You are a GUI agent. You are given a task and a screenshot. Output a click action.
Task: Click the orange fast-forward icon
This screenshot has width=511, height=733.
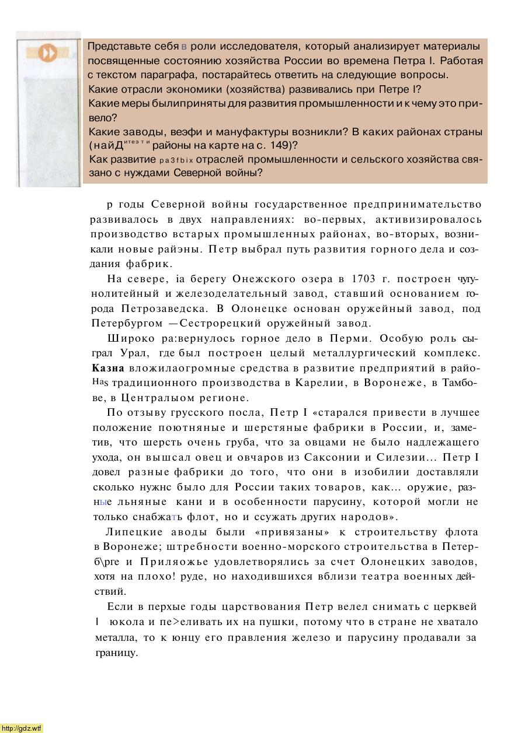(48, 54)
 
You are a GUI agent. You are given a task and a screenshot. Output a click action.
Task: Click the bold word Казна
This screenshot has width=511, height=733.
(108, 369)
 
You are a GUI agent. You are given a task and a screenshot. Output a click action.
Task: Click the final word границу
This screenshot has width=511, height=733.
(116, 653)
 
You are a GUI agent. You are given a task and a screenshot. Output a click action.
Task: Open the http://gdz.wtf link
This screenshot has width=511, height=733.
(22, 728)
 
